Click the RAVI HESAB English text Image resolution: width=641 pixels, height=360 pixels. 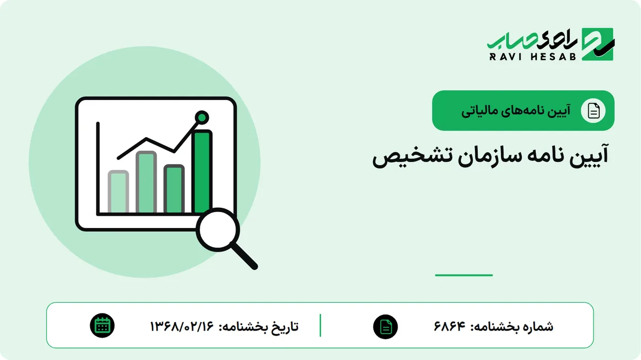coord(533,57)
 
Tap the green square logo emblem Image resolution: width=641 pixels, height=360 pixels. coord(598,44)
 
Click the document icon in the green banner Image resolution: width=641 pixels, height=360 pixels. coord(593,111)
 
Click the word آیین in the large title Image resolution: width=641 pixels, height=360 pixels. coord(588,156)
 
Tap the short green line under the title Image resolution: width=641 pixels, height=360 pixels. coord(464,275)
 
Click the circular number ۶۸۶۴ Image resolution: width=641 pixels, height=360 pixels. coord(450,326)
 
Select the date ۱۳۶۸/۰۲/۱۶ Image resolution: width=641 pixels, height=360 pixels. coord(182,326)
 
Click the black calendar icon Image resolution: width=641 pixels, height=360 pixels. coord(102,326)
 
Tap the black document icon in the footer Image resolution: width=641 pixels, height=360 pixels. coord(386,327)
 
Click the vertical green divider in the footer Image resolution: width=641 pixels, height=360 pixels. coord(320,325)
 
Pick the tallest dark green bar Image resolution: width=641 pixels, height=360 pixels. coord(202,171)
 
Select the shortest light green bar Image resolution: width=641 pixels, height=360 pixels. coord(118,191)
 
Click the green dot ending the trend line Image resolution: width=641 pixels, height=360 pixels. coord(202,118)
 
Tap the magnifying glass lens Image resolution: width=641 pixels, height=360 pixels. coord(218,230)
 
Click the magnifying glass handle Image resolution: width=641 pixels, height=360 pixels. coord(245,256)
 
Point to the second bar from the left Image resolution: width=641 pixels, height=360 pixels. coord(146,182)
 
